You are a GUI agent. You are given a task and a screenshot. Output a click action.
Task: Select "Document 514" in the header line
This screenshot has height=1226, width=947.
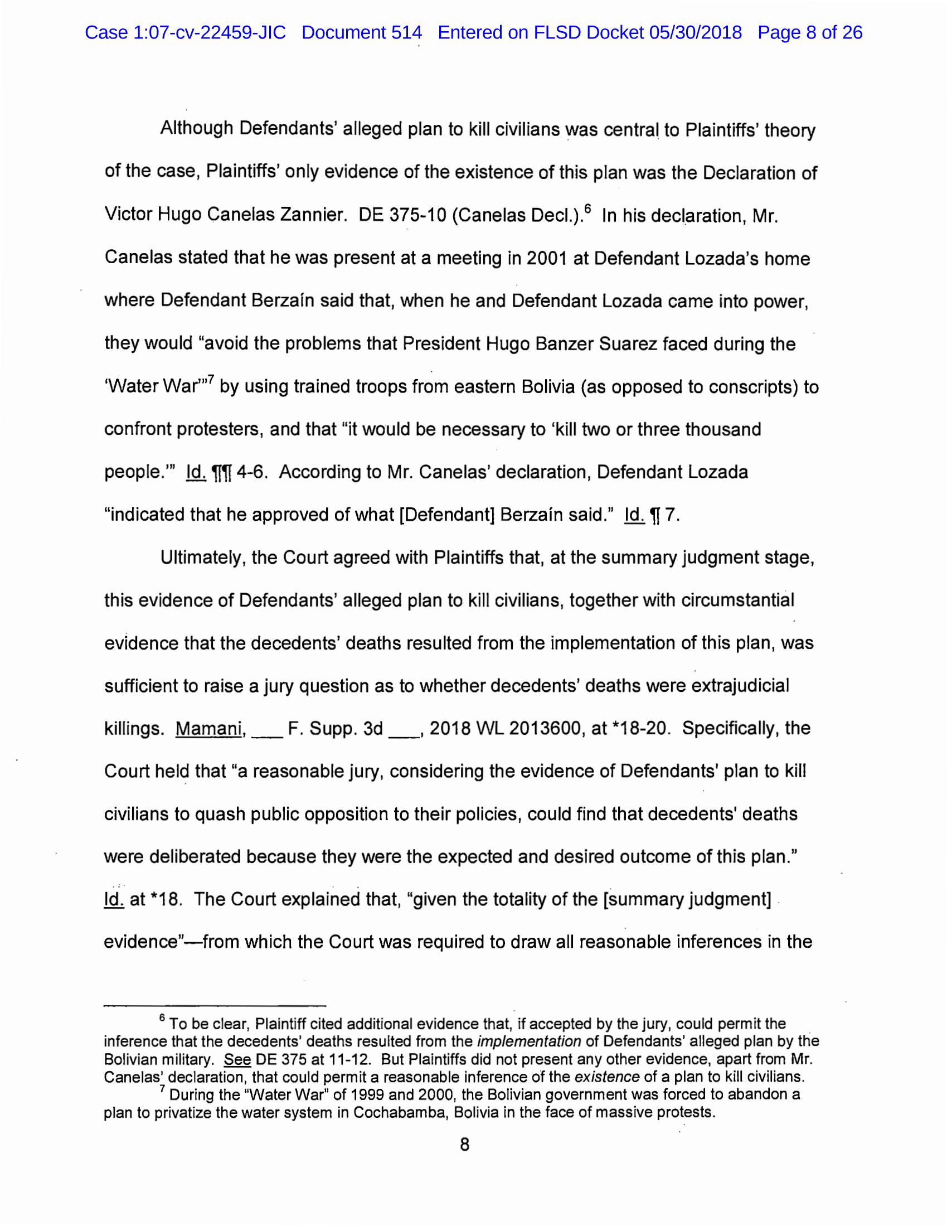tap(362, 32)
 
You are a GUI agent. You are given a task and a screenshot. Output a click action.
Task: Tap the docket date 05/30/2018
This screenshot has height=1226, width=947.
tap(696, 32)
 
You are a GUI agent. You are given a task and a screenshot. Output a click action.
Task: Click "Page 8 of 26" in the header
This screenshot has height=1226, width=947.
tap(809, 32)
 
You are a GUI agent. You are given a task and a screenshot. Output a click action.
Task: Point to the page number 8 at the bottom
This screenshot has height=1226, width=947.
tap(465, 1145)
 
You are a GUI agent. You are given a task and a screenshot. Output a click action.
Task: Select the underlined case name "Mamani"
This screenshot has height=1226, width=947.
tap(209, 728)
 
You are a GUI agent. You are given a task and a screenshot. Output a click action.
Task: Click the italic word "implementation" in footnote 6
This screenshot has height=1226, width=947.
tap(529, 1041)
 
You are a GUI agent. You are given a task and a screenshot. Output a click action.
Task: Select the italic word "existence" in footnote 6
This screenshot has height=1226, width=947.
tap(607, 1077)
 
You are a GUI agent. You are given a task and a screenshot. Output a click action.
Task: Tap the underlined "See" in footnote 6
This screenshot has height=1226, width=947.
tap(237, 1059)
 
